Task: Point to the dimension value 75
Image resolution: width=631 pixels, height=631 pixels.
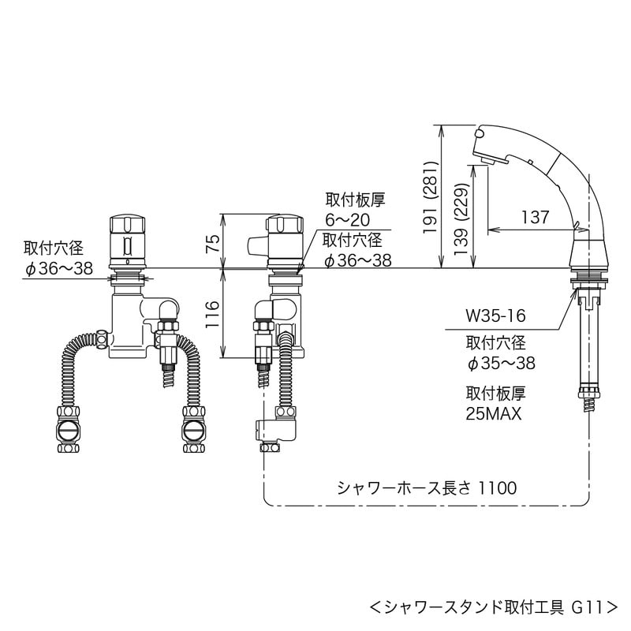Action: (x=211, y=241)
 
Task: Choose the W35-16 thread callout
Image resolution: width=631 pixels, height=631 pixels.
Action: (x=495, y=316)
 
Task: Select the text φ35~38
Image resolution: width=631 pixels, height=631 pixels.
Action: (x=501, y=363)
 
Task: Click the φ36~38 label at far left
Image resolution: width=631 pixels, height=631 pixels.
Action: (x=58, y=268)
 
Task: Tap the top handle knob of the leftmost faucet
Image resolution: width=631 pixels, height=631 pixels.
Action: (x=127, y=225)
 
